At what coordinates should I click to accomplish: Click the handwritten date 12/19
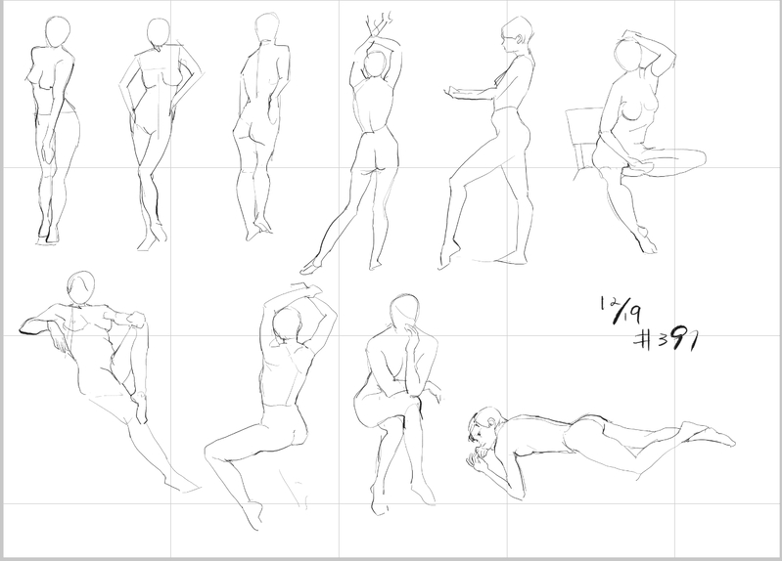621,310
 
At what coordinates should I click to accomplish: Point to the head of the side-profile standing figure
517,33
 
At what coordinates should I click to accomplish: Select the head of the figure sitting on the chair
629,57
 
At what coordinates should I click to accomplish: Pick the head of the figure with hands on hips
159,34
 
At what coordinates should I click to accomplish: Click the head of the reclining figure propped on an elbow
81,287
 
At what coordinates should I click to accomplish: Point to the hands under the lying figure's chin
480,456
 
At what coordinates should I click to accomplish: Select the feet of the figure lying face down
709,432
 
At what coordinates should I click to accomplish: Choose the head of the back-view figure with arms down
267,28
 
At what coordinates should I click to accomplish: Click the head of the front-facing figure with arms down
58,32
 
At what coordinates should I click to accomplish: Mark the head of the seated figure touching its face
404,312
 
